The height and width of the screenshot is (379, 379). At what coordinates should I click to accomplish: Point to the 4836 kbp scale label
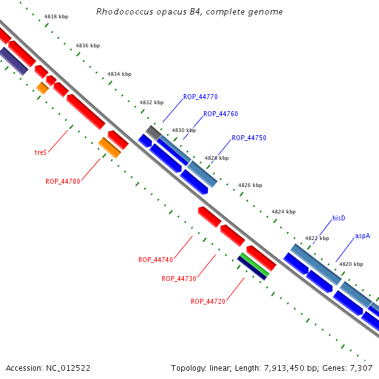click(88, 45)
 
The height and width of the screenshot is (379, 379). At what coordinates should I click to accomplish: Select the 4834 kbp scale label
click(119, 74)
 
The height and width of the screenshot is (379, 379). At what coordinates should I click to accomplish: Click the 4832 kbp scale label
click(152, 102)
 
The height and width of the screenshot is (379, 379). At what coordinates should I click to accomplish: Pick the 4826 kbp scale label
click(250, 186)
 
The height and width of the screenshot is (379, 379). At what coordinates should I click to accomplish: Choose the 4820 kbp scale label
click(351, 264)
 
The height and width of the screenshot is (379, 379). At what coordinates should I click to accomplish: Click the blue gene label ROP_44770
click(200, 97)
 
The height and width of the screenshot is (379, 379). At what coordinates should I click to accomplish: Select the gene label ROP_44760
click(220, 114)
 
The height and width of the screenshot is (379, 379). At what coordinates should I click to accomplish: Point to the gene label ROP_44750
click(249, 138)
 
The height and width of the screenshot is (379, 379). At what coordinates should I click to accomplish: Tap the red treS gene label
click(40, 152)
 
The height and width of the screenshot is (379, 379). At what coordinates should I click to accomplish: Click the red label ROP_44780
click(63, 181)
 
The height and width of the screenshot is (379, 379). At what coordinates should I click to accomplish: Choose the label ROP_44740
click(155, 260)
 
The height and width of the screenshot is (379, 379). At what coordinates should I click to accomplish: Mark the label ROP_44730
click(179, 279)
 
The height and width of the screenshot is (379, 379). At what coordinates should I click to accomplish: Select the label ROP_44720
click(208, 301)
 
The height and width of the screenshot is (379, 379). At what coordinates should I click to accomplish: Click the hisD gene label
click(339, 218)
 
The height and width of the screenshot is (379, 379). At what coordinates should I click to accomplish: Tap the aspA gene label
click(362, 236)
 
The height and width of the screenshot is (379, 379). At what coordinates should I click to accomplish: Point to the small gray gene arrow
click(153, 132)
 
